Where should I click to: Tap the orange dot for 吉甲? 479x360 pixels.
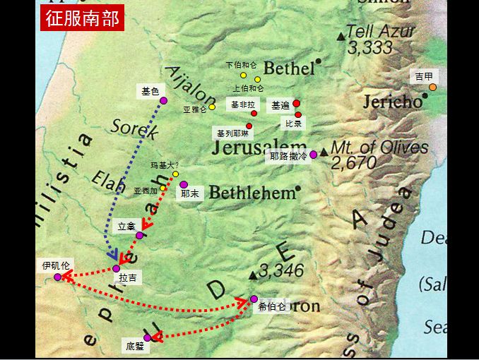(x=432, y=88)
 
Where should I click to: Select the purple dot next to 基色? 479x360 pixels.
(x=163, y=100)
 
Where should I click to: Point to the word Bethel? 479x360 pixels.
(x=288, y=68)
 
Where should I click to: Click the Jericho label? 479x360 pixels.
(x=391, y=102)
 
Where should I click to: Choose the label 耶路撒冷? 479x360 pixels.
(x=288, y=156)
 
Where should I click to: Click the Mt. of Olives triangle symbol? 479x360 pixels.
(x=324, y=151)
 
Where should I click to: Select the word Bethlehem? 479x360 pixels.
(x=252, y=193)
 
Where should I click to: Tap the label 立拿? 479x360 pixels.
(x=126, y=226)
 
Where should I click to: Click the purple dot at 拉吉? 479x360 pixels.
(x=117, y=268)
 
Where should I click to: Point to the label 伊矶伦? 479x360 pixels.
(x=56, y=265)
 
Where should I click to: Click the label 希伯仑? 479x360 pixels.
(x=272, y=306)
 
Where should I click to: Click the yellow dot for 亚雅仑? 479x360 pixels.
(x=212, y=107)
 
